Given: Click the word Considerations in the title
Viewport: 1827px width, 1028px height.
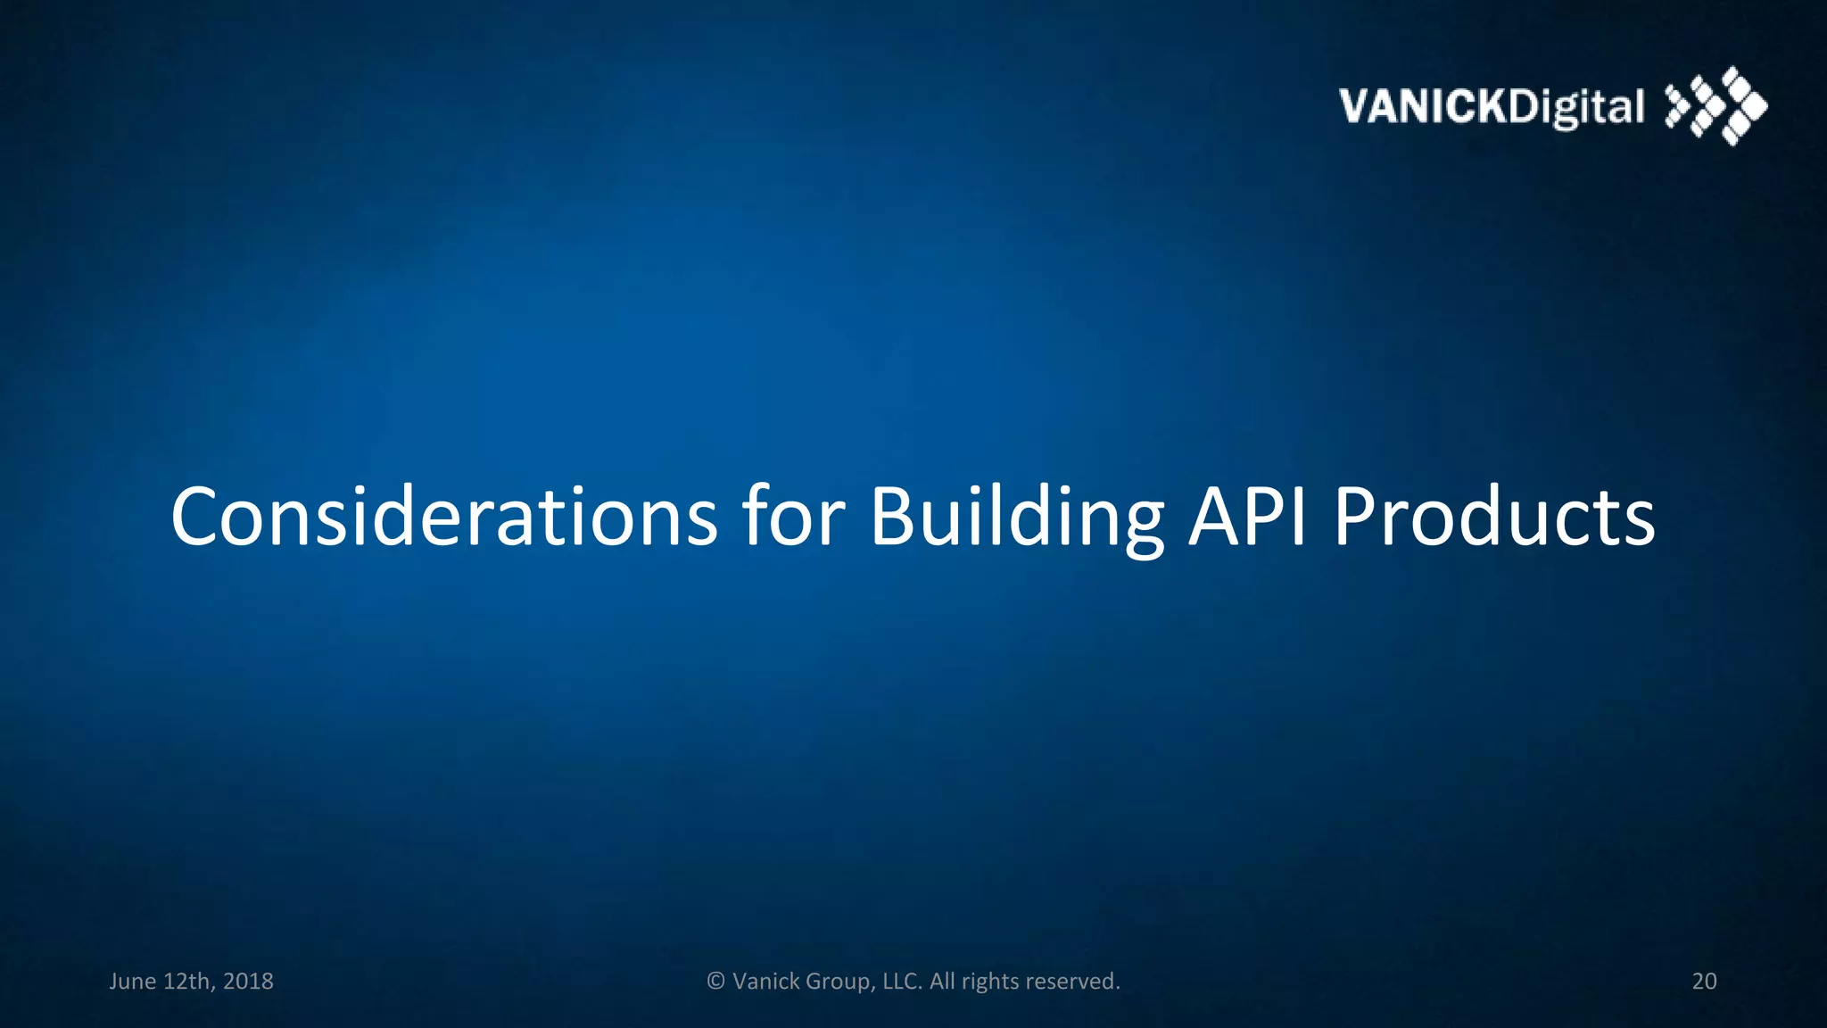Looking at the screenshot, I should [443, 518].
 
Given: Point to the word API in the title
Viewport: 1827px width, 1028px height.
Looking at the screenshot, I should [1248, 518].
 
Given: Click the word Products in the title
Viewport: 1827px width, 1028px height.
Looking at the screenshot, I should [1494, 518].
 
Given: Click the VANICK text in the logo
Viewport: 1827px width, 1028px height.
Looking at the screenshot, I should [1422, 107].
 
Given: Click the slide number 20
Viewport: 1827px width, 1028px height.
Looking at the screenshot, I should [1704, 982].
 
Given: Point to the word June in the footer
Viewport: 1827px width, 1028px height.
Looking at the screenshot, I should [132, 982].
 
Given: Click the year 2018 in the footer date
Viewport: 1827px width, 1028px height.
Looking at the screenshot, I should [248, 982].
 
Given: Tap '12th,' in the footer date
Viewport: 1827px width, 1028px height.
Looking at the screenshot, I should [189, 982].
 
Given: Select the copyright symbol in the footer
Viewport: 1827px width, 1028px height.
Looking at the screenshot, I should [715, 982].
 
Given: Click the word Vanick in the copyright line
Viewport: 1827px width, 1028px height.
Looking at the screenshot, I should [765, 982].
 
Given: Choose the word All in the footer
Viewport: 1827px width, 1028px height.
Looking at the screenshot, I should [942, 982].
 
